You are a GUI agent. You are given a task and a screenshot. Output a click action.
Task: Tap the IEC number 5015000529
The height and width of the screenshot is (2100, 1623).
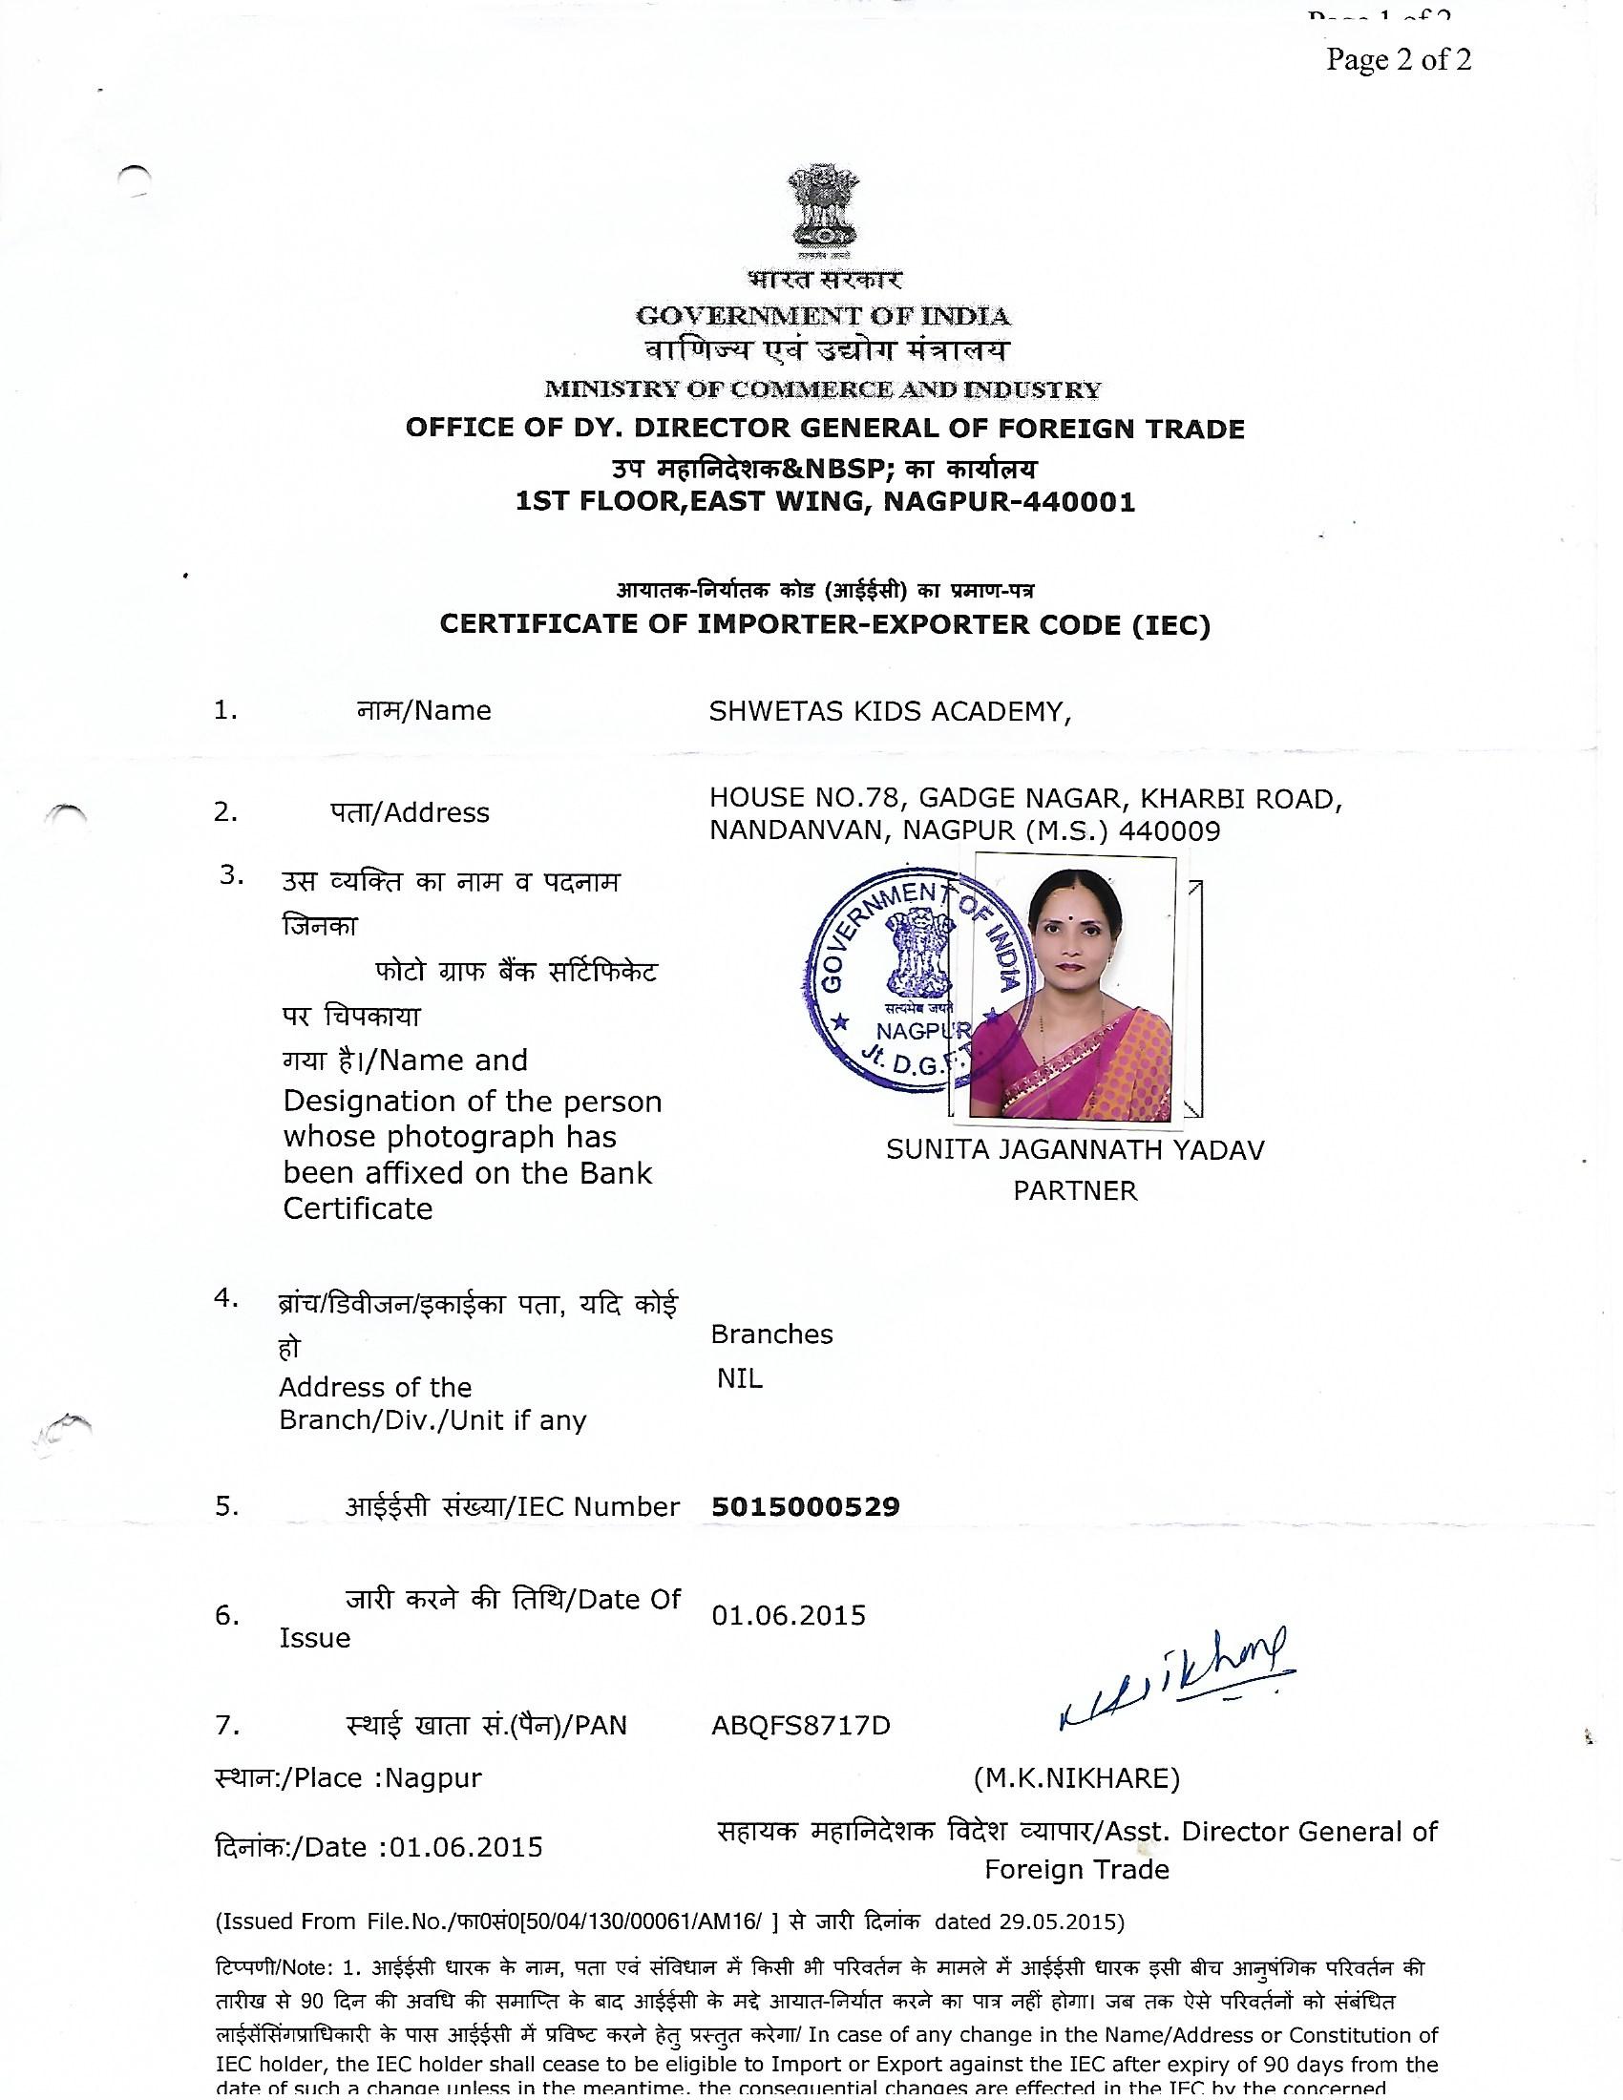pyautogui.click(x=806, y=1505)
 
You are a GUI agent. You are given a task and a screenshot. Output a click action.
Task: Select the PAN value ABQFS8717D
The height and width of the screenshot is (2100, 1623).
pyautogui.click(x=800, y=1725)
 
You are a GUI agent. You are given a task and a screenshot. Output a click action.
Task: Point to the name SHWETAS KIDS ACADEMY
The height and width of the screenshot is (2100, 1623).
pyautogui.click(x=890, y=711)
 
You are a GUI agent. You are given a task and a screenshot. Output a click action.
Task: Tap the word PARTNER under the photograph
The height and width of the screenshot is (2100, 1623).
pyautogui.click(x=1075, y=1190)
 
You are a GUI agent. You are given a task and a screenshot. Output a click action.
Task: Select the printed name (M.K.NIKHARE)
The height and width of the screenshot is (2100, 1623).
pyautogui.click(x=1076, y=1778)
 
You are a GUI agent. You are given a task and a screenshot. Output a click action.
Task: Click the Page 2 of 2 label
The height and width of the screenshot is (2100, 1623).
pyautogui.click(x=1398, y=59)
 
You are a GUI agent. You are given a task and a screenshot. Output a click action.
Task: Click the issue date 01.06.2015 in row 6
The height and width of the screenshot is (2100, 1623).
pyautogui.click(x=789, y=1614)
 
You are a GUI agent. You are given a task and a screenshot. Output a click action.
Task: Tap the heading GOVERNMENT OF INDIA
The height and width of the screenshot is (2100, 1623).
pyautogui.click(x=823, y=315)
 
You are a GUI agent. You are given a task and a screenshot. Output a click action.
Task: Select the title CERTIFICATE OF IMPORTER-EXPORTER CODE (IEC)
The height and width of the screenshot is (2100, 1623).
pyautogui.click(x=824, y=625)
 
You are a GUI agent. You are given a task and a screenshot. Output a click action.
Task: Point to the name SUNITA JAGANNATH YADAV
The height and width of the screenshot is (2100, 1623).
pyautogui.click(x=1075, y=1150)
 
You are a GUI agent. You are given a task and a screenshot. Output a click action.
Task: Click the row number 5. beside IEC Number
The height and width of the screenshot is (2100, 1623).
pyautogui.click(x=227, y=1505)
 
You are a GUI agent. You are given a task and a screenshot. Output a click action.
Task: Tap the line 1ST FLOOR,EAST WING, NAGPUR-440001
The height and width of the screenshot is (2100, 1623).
pyautogui.click(x=825, y=502)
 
